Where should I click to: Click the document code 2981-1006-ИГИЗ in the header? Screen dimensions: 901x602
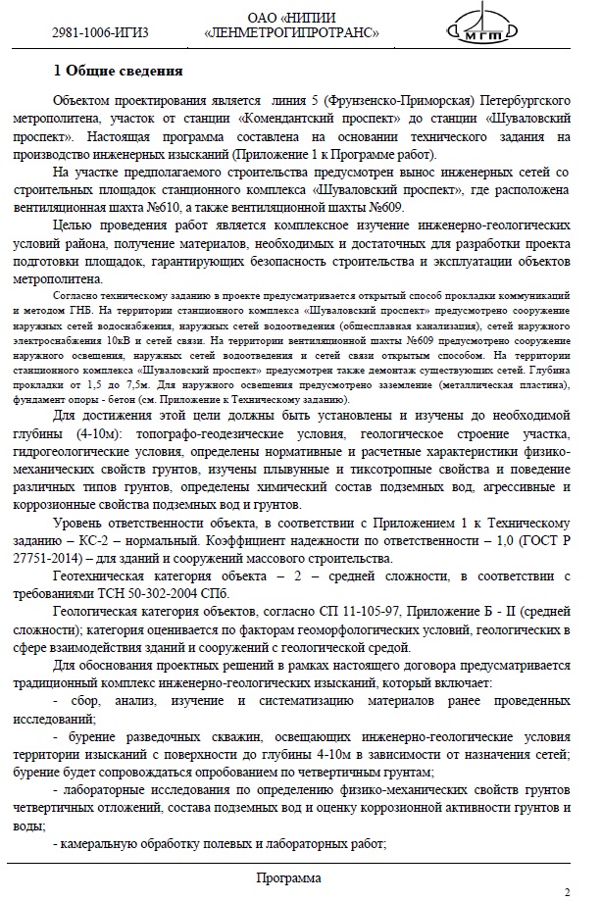(x=100, y=32)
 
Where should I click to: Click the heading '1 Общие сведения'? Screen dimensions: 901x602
(x=118, y=71)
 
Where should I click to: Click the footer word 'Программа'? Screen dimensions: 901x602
(x=288, y=877)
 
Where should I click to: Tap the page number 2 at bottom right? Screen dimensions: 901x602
(x=567, y=891)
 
